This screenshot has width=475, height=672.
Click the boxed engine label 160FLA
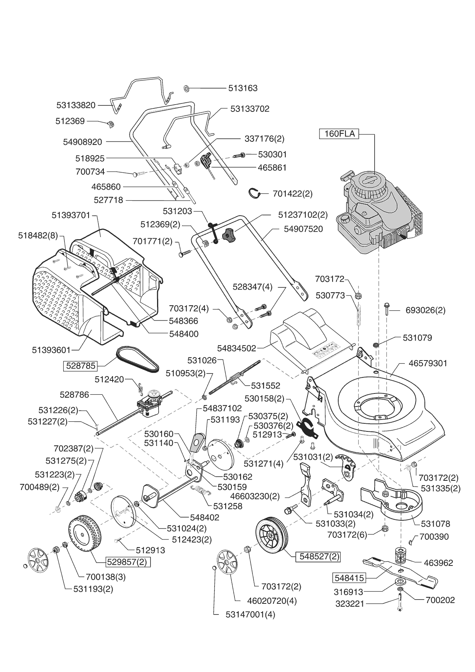point(339,134)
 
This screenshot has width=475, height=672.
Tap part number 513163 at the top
point(243,88)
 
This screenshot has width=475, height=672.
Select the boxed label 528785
point(80,366)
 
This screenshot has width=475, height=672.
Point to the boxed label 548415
point(349,577)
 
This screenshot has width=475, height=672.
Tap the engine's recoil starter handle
point(347,177)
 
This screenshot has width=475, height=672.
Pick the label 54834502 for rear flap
point(236,348)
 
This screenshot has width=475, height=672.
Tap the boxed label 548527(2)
point(318,556)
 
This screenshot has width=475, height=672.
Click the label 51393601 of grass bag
point(51,350)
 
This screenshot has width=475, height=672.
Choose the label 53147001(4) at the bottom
point(251,615)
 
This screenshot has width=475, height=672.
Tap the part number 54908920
point(82,142)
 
